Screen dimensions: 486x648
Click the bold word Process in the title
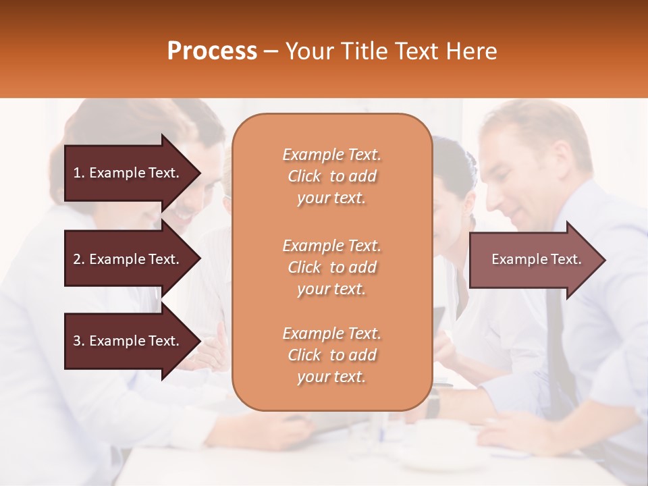212,51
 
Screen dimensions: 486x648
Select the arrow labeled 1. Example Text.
128,173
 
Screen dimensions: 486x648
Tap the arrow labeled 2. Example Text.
128,259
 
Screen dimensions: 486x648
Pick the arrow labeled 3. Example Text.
128,341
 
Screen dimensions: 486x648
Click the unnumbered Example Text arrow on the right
533,260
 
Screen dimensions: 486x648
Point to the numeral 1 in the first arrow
77,173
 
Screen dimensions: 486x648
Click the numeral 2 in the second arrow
77,259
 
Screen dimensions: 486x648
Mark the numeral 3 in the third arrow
77,341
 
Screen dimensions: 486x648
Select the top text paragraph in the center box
331,176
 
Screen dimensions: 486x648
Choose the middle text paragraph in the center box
331,267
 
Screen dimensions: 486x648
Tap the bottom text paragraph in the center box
331,355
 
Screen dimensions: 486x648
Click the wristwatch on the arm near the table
433,403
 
